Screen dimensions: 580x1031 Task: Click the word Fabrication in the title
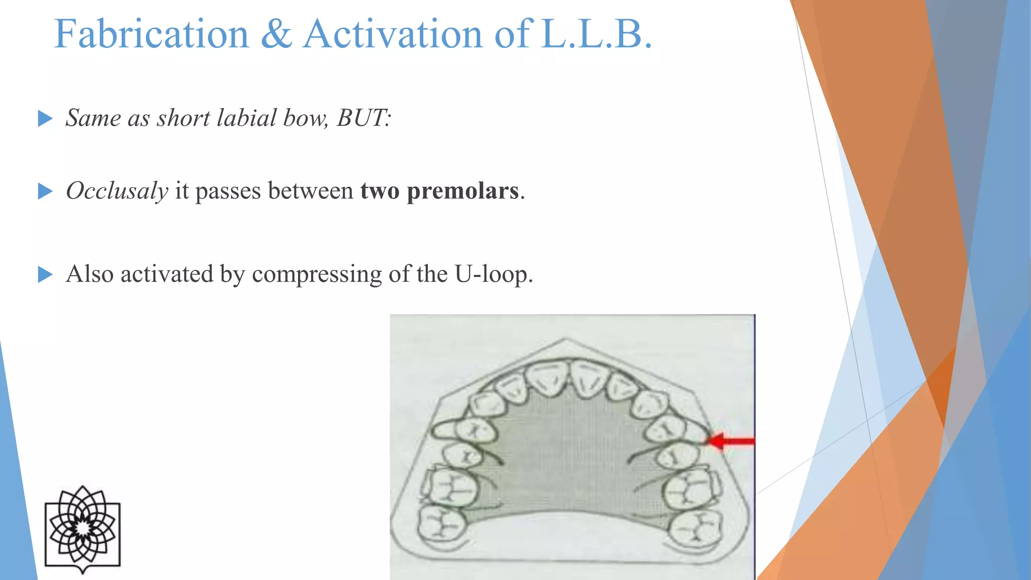pyautogui.click(x=152, y=34)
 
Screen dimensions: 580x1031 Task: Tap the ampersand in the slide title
pyautogui.click(x=276, y=34)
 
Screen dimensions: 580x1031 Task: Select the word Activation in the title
pyautogui.click(x=393, y=34)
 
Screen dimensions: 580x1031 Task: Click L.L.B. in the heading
pyautogui.click(x=597, y=34)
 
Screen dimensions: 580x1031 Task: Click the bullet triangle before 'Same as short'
pyautogui.click(x=45, y=119)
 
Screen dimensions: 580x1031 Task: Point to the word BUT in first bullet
pyautogui.click(x=362, y=118)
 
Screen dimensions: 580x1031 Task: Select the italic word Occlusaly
pyautogui.click(x=117, y=191)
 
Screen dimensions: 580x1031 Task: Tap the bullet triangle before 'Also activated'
pyautogui.click(x=45, y=275)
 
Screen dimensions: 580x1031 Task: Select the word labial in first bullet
pyautogui.click(x=247, y=118)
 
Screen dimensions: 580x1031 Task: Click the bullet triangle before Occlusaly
pyautogui.click(x=45, y=191)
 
